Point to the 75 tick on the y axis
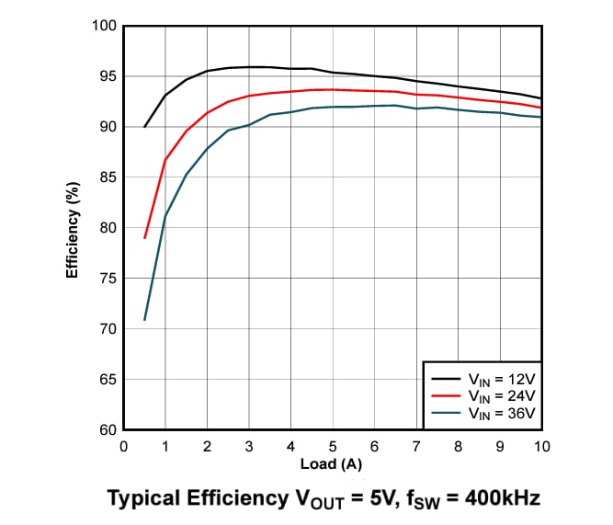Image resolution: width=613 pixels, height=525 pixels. click(x=107, y=278)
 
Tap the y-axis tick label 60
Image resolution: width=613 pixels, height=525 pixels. click(x=107, y=430)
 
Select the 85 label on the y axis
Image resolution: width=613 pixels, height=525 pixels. click(x=107, y=177)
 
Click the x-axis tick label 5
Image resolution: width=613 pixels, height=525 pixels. click(x=333, y=446)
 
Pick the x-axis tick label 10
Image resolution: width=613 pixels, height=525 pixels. click(x=541, y=446)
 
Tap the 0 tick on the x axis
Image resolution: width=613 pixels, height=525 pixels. click(x=124, y=446)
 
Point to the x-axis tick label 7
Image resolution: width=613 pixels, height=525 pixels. click(x=416, y=446)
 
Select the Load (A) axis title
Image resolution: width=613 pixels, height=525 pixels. click(x=333, y=464)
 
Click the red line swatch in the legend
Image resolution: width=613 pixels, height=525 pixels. click(x=447, y=395)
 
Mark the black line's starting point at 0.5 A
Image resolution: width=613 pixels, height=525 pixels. click(x=145, y=127)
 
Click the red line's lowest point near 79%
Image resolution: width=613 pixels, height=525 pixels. click(x=145, y=238)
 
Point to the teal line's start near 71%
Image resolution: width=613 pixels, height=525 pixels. click(x=145, y=320)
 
